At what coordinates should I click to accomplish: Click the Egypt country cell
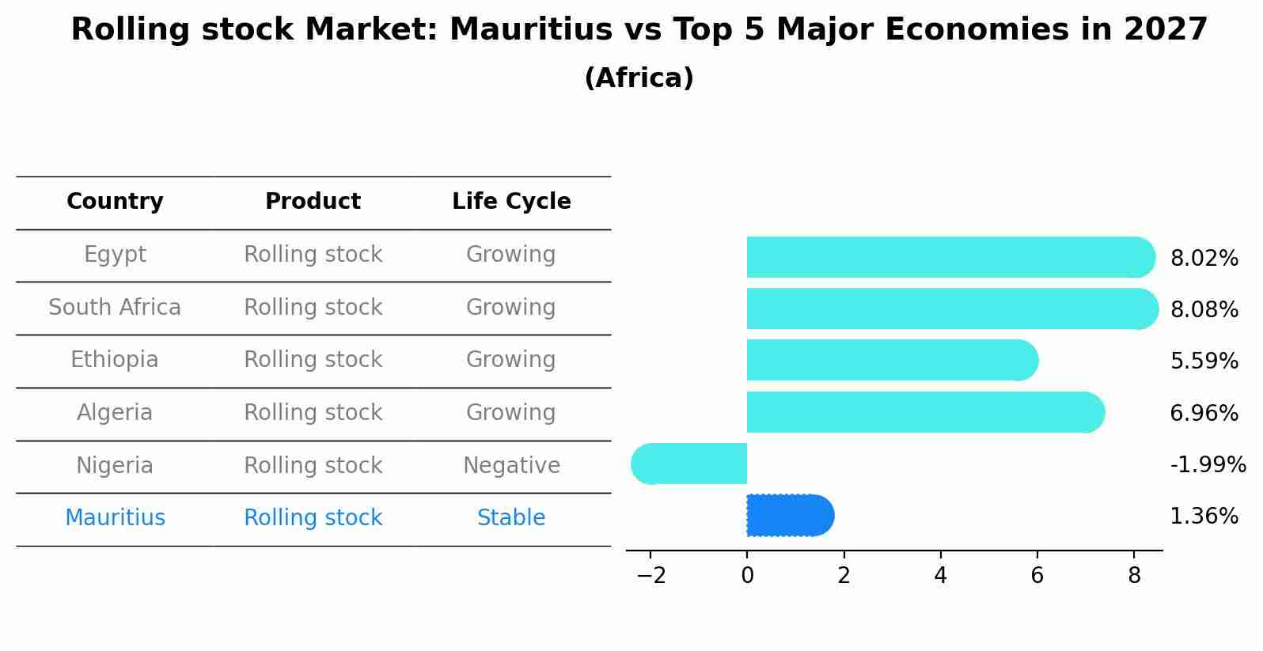[115, 255]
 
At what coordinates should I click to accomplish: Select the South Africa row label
[115, 308]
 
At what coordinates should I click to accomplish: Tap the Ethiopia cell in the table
[115, 360]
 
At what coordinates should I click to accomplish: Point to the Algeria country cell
[115, 413]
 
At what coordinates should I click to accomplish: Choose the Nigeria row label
[115, 466]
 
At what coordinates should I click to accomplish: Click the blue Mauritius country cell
[115, 518]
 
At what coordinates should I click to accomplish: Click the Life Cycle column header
[511, 202]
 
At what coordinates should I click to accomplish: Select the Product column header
[313, 202]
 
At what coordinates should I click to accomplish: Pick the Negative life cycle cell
[511, 466]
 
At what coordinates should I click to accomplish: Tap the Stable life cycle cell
[511, 518]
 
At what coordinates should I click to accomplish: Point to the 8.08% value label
[1204, 310]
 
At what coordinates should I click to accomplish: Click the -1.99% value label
[1208, 465]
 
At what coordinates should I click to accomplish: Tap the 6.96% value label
[1204, 414]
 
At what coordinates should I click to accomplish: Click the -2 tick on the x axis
[650, 576]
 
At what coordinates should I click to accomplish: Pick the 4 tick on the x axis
[940, 576]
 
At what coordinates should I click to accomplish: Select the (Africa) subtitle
[639, 78]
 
